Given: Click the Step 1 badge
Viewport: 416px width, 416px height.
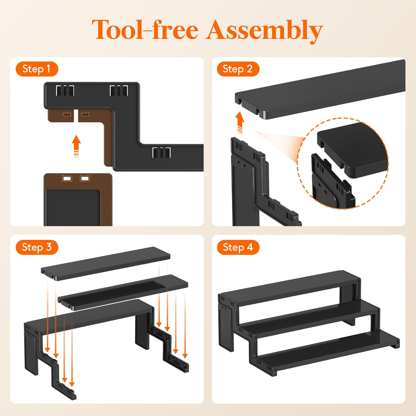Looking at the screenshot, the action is pos(37,69).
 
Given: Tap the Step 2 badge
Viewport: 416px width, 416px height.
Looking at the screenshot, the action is pos(238,69).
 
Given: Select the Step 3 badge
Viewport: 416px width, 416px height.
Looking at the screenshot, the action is pos(37,247).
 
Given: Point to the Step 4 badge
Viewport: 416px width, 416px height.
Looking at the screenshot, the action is pos(238,247).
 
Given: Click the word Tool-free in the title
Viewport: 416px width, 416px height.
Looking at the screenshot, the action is pos(145,29).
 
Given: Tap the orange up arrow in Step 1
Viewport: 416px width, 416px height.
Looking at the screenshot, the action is pos(76,146).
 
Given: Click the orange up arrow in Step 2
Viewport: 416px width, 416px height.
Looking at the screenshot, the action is pos(240,122).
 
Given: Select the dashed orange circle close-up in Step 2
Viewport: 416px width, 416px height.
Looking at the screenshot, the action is pos(343,163).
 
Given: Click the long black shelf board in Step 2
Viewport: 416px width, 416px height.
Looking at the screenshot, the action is pos(320,89).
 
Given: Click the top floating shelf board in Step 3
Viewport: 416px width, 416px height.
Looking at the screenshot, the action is pos(106,264).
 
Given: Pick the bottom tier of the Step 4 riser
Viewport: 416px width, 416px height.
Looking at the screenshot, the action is pos(327,351).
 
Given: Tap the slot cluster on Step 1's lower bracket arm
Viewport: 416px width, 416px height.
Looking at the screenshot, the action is pos(161,153).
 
